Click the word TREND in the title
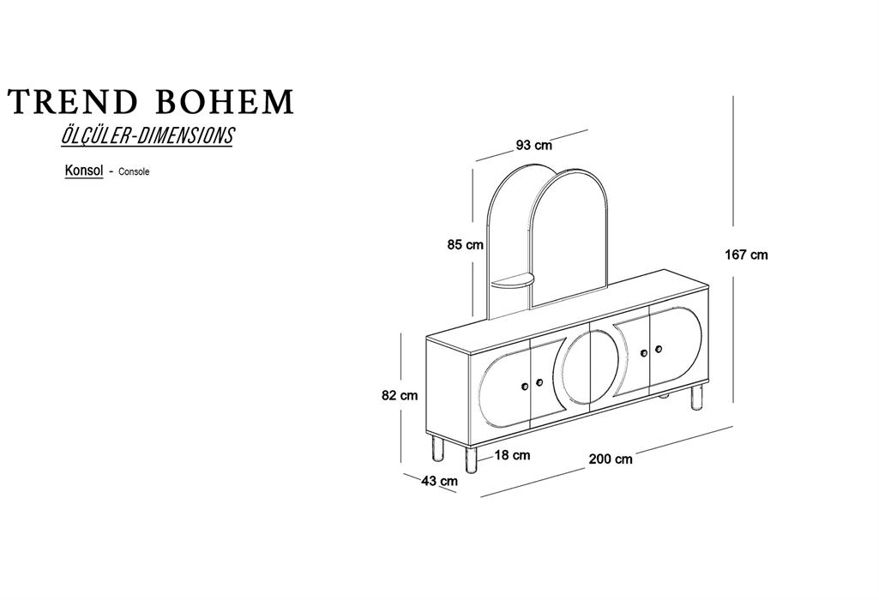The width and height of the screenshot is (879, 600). pos(72,102)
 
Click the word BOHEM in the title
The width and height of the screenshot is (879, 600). pos(224,102)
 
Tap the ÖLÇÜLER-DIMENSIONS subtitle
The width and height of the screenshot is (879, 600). pos(147,135)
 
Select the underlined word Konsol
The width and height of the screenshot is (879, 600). pos(84,171)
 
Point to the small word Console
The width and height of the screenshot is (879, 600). pos(134,172)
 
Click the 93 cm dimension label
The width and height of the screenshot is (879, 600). pos(533,145)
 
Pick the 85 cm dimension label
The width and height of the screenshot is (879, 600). pos(466,245)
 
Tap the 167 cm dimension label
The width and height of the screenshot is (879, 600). pos(746,255)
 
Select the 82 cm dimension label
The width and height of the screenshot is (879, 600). pos(400,395)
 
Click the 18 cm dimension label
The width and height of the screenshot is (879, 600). pos(512,455)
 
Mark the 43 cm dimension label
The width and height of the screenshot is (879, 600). pos(439,481)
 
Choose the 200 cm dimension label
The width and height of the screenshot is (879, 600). pos(611,459)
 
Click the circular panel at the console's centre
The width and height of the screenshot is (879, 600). pos(590,367)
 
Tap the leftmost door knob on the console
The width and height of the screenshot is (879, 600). pos(525,387)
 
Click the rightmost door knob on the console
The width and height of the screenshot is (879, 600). pos(658,349)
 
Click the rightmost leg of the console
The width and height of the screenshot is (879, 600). pos(697,397)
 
